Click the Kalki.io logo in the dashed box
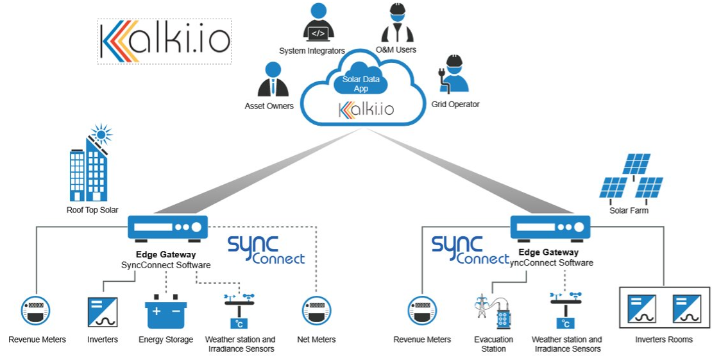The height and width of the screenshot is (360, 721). [x=164, y=41]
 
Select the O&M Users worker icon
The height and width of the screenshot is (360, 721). [x=397, y=24]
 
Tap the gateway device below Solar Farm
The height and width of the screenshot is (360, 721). [x=550, y=228]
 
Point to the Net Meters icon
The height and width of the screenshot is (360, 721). [x=316, y=311]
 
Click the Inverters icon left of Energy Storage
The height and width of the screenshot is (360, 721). [x=103, y=312]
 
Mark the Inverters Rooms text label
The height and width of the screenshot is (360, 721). [x=663, y=339]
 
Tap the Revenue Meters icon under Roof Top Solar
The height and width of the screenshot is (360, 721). [x=37, y=311]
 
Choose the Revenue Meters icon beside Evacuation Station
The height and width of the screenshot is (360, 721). [x=422, y=311]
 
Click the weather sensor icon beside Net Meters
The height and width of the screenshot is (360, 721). [x=239, y=311]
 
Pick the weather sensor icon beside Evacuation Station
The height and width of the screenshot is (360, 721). [x=565, y=311]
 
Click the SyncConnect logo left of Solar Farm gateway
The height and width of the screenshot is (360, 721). [x=470, y=250]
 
